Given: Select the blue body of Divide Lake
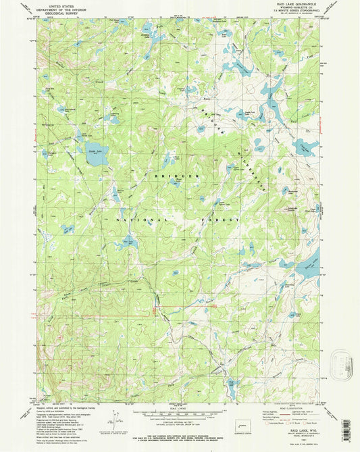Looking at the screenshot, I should point(94,151).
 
